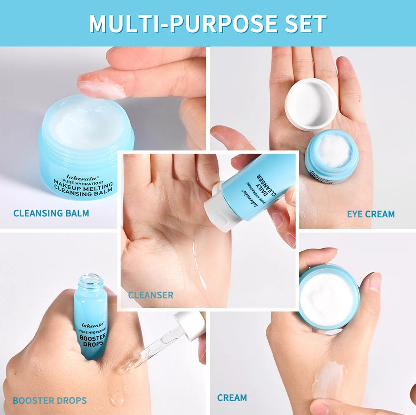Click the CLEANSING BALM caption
pyautogui.click(x=51, y=213)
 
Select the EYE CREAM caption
pyautogui.click(x=370, y=214)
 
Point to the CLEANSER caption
pyautogui.click(x=150, y=295)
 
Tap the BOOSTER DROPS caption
pyautogui.click(x=49, y=401)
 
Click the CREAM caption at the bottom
pyautogui.click(x=232, y=398)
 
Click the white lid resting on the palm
pyautogui.click(x=311, y=103)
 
